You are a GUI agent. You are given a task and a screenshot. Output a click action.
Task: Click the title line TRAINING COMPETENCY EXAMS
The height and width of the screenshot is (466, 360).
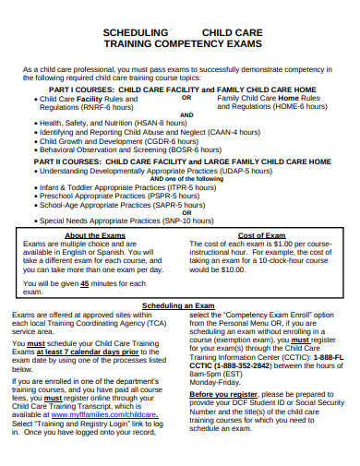(x=179, y=42)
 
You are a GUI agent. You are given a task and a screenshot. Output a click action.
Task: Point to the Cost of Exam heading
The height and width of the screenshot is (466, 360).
(x=261, y=236)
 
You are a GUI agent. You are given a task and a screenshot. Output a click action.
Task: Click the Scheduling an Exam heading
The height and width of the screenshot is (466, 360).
(x=179, y=305)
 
